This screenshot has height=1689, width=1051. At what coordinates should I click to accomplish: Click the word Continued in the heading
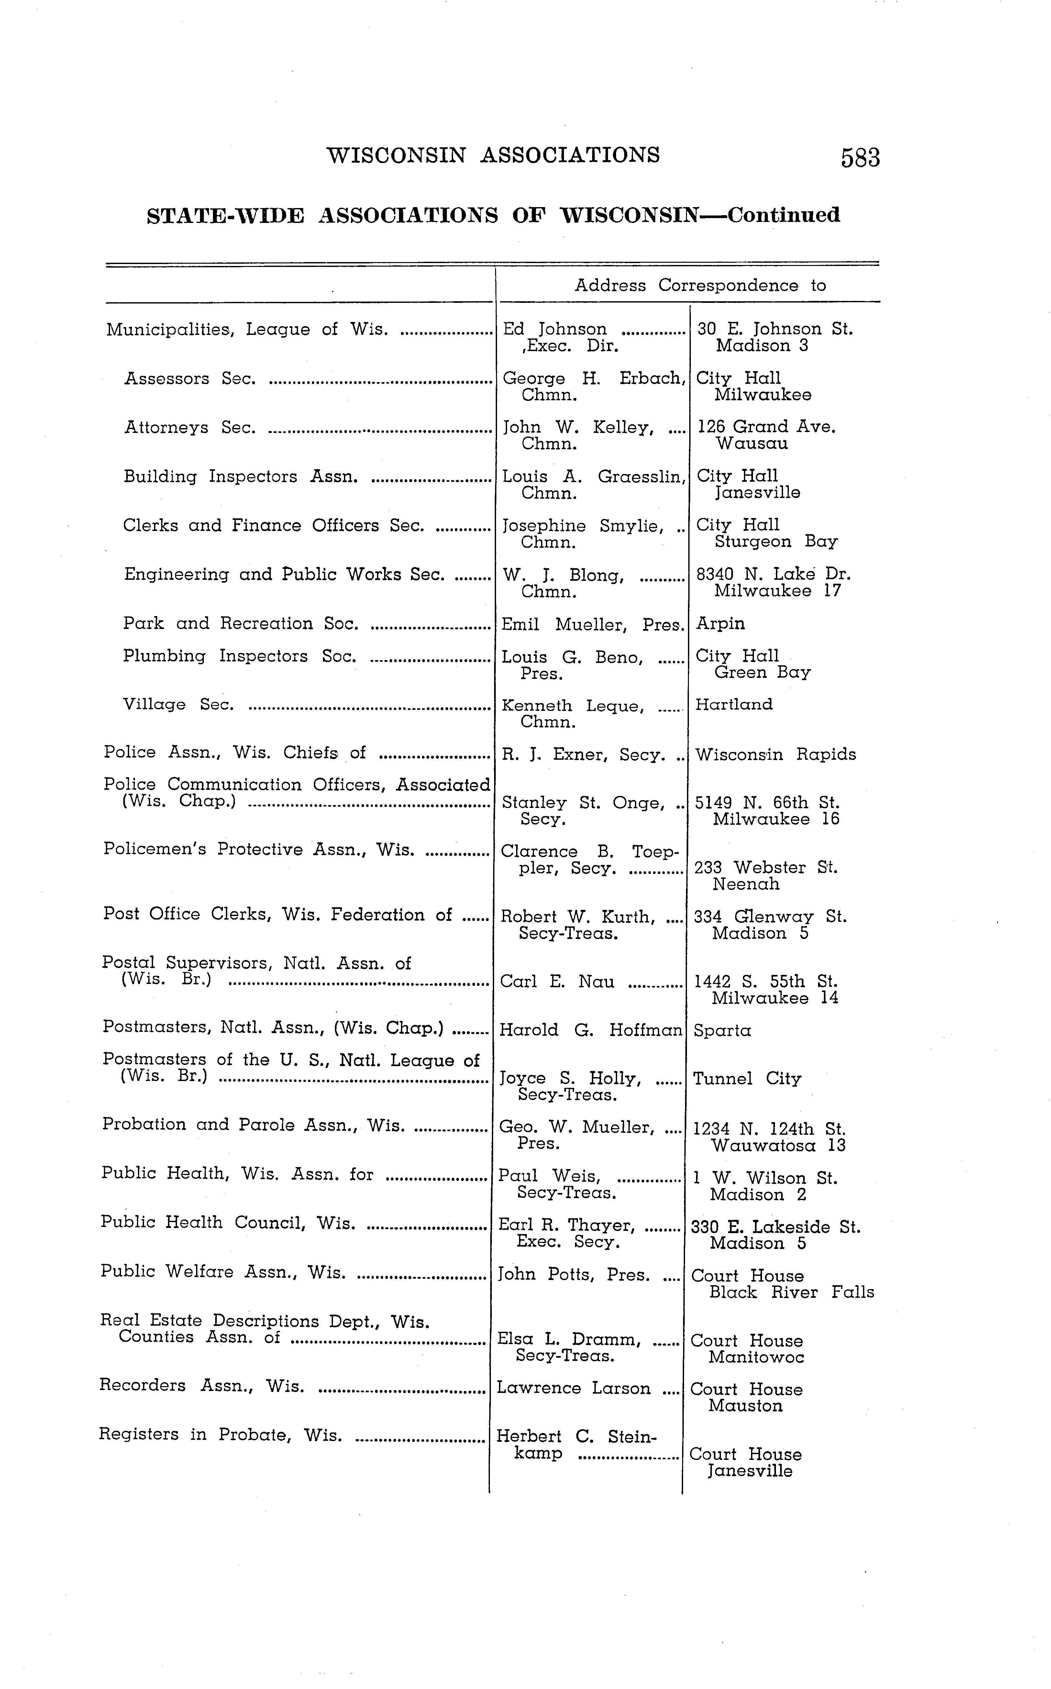coord(783,215)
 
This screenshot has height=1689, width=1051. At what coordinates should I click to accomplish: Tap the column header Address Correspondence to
coord(700,286)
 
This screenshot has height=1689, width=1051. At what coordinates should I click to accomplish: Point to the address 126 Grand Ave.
coord(766,427)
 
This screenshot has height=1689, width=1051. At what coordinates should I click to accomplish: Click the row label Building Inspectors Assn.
coord(240,477)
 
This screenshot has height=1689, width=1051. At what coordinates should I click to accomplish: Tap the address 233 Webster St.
coord(765,868)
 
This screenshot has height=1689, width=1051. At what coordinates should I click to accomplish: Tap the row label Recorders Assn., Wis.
coord(202,1386)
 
